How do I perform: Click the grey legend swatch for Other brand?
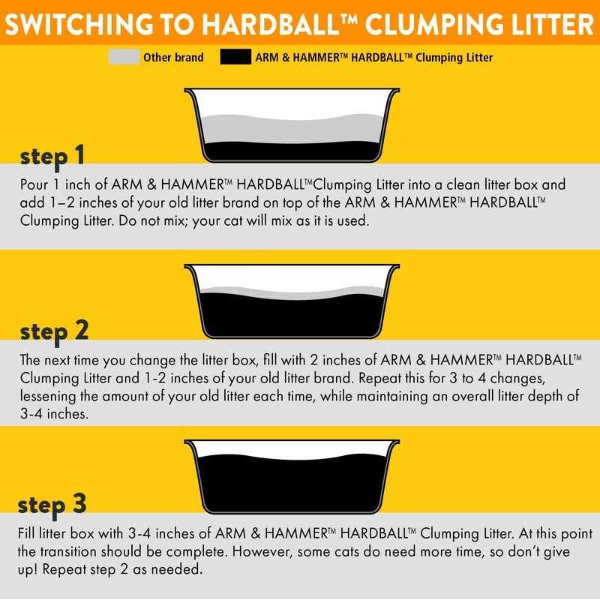[x=124, y=57]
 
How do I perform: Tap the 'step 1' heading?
[x=52, y=157]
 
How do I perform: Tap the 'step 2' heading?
[x=53, y=331]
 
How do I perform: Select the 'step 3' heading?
[x=53, y=505]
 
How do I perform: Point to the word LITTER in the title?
[x=542, y=24]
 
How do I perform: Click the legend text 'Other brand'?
[x=173, y=57]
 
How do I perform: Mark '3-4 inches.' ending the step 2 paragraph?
[x=52, y=413]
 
